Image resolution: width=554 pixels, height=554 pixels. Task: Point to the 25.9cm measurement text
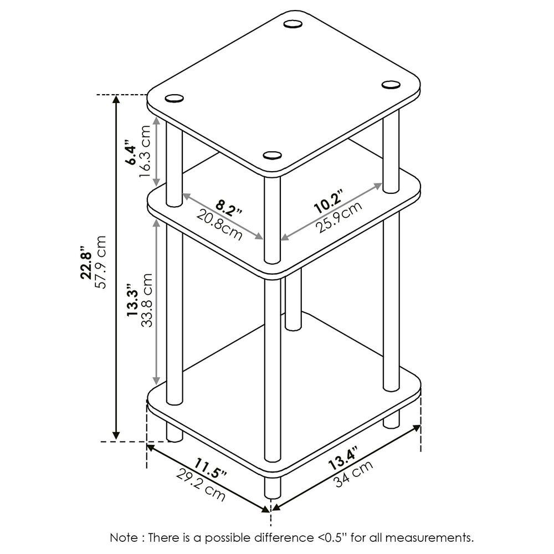(x=338, y=217)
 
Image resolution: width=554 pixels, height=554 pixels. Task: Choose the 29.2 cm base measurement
(x=201, y=484)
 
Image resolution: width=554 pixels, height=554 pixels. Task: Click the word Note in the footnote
(x=123, y=537)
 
